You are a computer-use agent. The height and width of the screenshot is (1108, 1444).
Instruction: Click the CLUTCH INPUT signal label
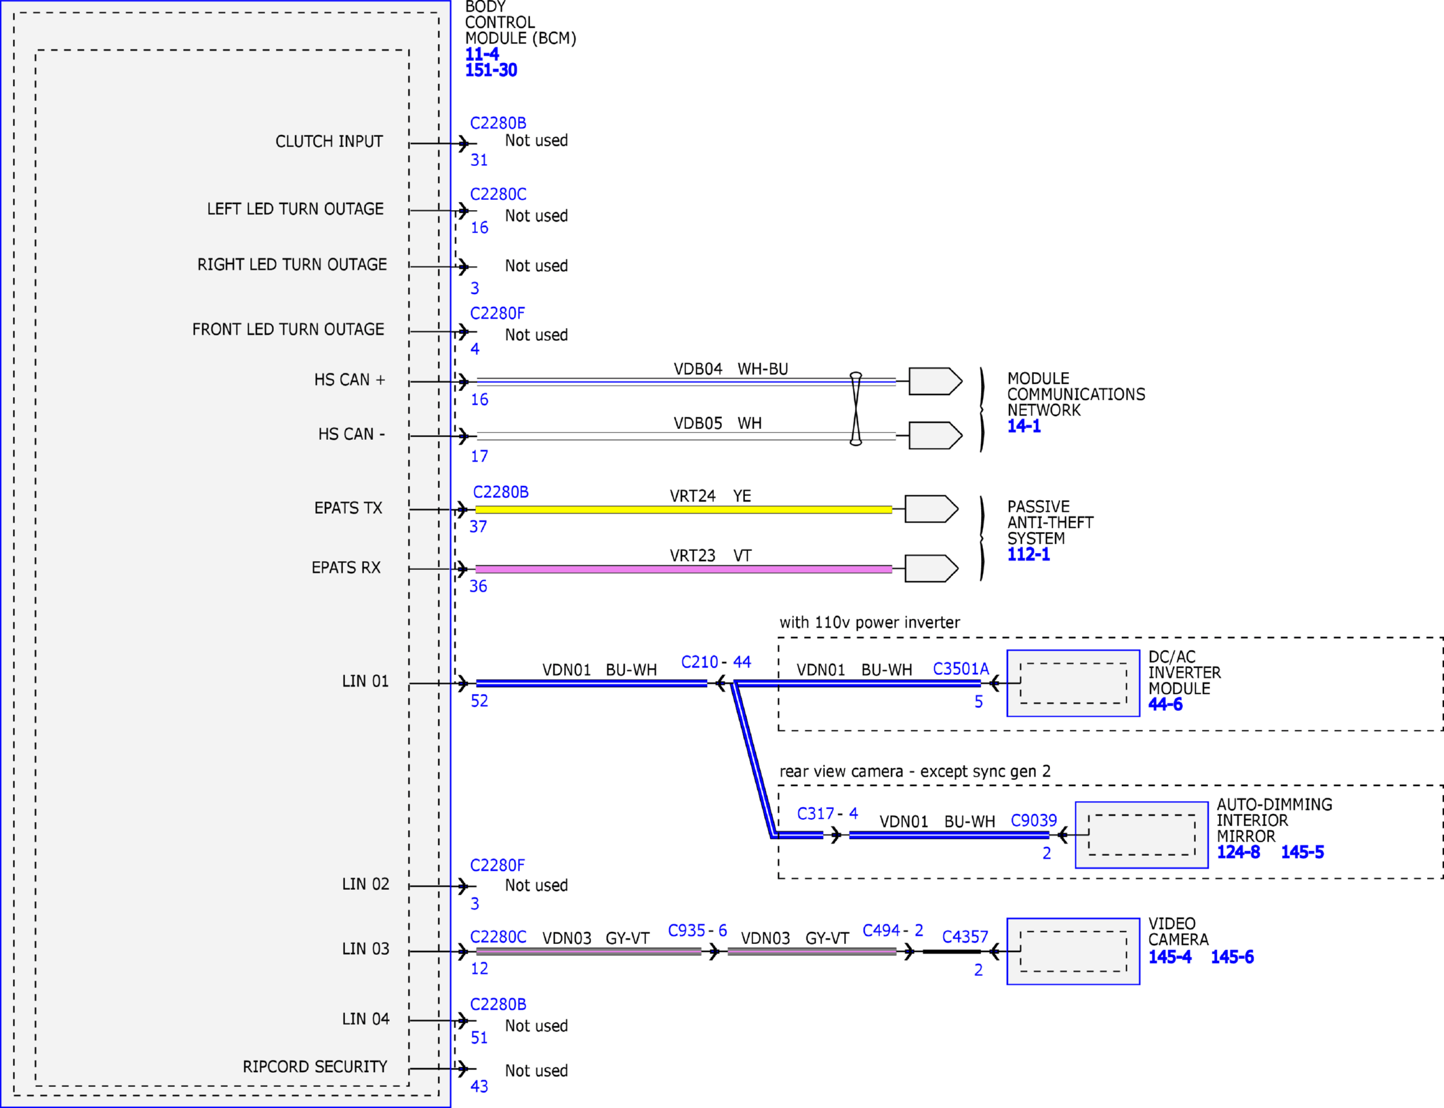tap(329, 142)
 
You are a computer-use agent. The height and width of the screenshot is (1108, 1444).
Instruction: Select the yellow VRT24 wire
tap(683, 510)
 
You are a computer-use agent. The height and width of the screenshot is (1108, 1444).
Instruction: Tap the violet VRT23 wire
tap(683, 569)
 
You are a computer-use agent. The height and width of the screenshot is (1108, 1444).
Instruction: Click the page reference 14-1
tap(1024, 426)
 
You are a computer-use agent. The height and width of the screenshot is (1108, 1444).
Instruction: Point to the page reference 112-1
tap(1028, 554)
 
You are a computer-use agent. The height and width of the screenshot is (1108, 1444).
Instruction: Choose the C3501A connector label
tap(961, 669)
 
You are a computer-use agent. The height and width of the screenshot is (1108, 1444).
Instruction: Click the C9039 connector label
tap(1034, 821)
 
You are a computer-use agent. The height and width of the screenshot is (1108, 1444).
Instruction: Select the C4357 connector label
tap(965, 937)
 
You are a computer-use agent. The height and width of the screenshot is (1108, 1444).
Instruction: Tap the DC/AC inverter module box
tap(1073, 683)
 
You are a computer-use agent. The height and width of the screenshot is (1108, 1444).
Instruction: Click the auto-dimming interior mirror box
tap(1142, 835)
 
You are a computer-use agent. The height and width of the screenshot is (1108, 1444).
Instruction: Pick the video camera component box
tap(1073, 951)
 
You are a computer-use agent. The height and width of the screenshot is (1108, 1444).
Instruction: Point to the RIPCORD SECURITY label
tap(315, 1067)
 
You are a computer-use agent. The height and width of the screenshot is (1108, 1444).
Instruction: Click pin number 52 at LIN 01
tap(479, 701)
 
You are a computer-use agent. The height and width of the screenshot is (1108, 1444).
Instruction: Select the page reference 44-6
tap(1165, 705)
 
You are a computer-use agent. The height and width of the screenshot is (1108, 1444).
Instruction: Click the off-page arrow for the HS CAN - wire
tap(936, 436)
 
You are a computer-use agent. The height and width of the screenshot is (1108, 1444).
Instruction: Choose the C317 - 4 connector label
tap(827, 813)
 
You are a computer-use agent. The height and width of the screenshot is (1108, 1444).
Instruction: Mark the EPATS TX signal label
tap(348, 508)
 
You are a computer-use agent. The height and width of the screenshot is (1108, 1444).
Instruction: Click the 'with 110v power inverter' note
tap(870, 622)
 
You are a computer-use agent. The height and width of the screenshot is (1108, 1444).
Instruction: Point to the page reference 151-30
tap(491, 70)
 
